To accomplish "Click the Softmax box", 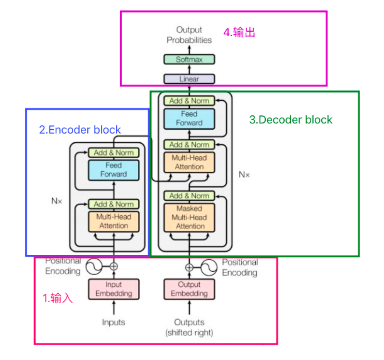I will (189, 59).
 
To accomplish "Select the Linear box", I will (189, 79).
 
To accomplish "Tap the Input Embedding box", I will (114, 289).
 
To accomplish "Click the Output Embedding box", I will (189, 289).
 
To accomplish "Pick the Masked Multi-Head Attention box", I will (189, 218).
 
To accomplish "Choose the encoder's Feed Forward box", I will (114, 170).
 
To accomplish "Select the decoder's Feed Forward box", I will (189, 118).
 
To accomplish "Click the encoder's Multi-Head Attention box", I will (114, 221).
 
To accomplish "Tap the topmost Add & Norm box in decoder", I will (189, 101).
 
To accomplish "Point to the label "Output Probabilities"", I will (189, 35).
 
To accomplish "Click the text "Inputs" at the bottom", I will (113, 322).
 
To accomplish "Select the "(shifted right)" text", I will (189, 333).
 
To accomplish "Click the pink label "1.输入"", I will (58, 298).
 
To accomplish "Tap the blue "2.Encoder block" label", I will (80, 130).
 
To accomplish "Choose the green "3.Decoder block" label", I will (291, 120).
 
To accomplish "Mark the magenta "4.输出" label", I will (239, 33).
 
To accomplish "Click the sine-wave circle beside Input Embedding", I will (94, 267).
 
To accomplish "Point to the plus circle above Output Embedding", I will (189, 267).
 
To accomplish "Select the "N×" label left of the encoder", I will (57, 201).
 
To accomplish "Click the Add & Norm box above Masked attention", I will (189, 196).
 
